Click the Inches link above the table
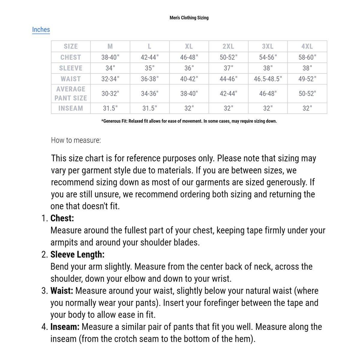point(41,30)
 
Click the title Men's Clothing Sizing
point(189,18)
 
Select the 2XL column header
point(228,46)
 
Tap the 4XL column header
point(307,46)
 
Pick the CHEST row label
point(70,57)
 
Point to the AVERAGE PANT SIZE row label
point(70,94)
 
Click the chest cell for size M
point(110,57)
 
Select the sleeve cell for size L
point(149,68)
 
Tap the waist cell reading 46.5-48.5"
point(268,79)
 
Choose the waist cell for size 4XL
point(307,79)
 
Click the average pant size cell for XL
point(189,94)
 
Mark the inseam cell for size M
point(110,108)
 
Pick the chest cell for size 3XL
point(268,57)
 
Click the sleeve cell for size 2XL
point(228,68)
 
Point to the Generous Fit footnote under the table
point(189,121)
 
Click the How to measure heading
point(76,140)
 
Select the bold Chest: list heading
point(62,218)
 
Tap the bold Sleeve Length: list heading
point(77,255)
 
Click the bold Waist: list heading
point(62,291)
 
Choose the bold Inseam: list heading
point(65,327)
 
